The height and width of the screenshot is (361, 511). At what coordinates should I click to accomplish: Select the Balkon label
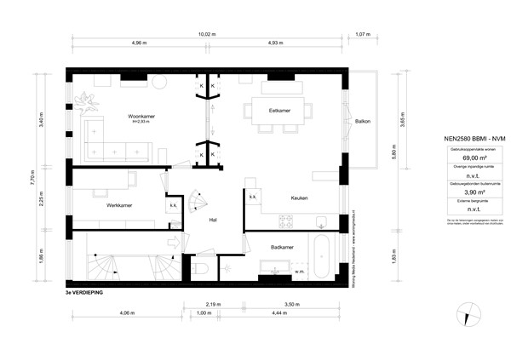(x=363, y=121)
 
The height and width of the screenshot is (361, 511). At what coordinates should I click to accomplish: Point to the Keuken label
(x=298, y=198)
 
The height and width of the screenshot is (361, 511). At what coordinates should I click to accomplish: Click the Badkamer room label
(x=283, y=247)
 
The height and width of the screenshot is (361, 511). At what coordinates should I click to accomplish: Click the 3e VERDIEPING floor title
(x=83, y=292)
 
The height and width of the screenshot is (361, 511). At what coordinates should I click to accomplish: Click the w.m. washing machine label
(x=300, y=272)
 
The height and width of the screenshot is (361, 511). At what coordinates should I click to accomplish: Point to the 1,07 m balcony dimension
(x=360, y=34)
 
